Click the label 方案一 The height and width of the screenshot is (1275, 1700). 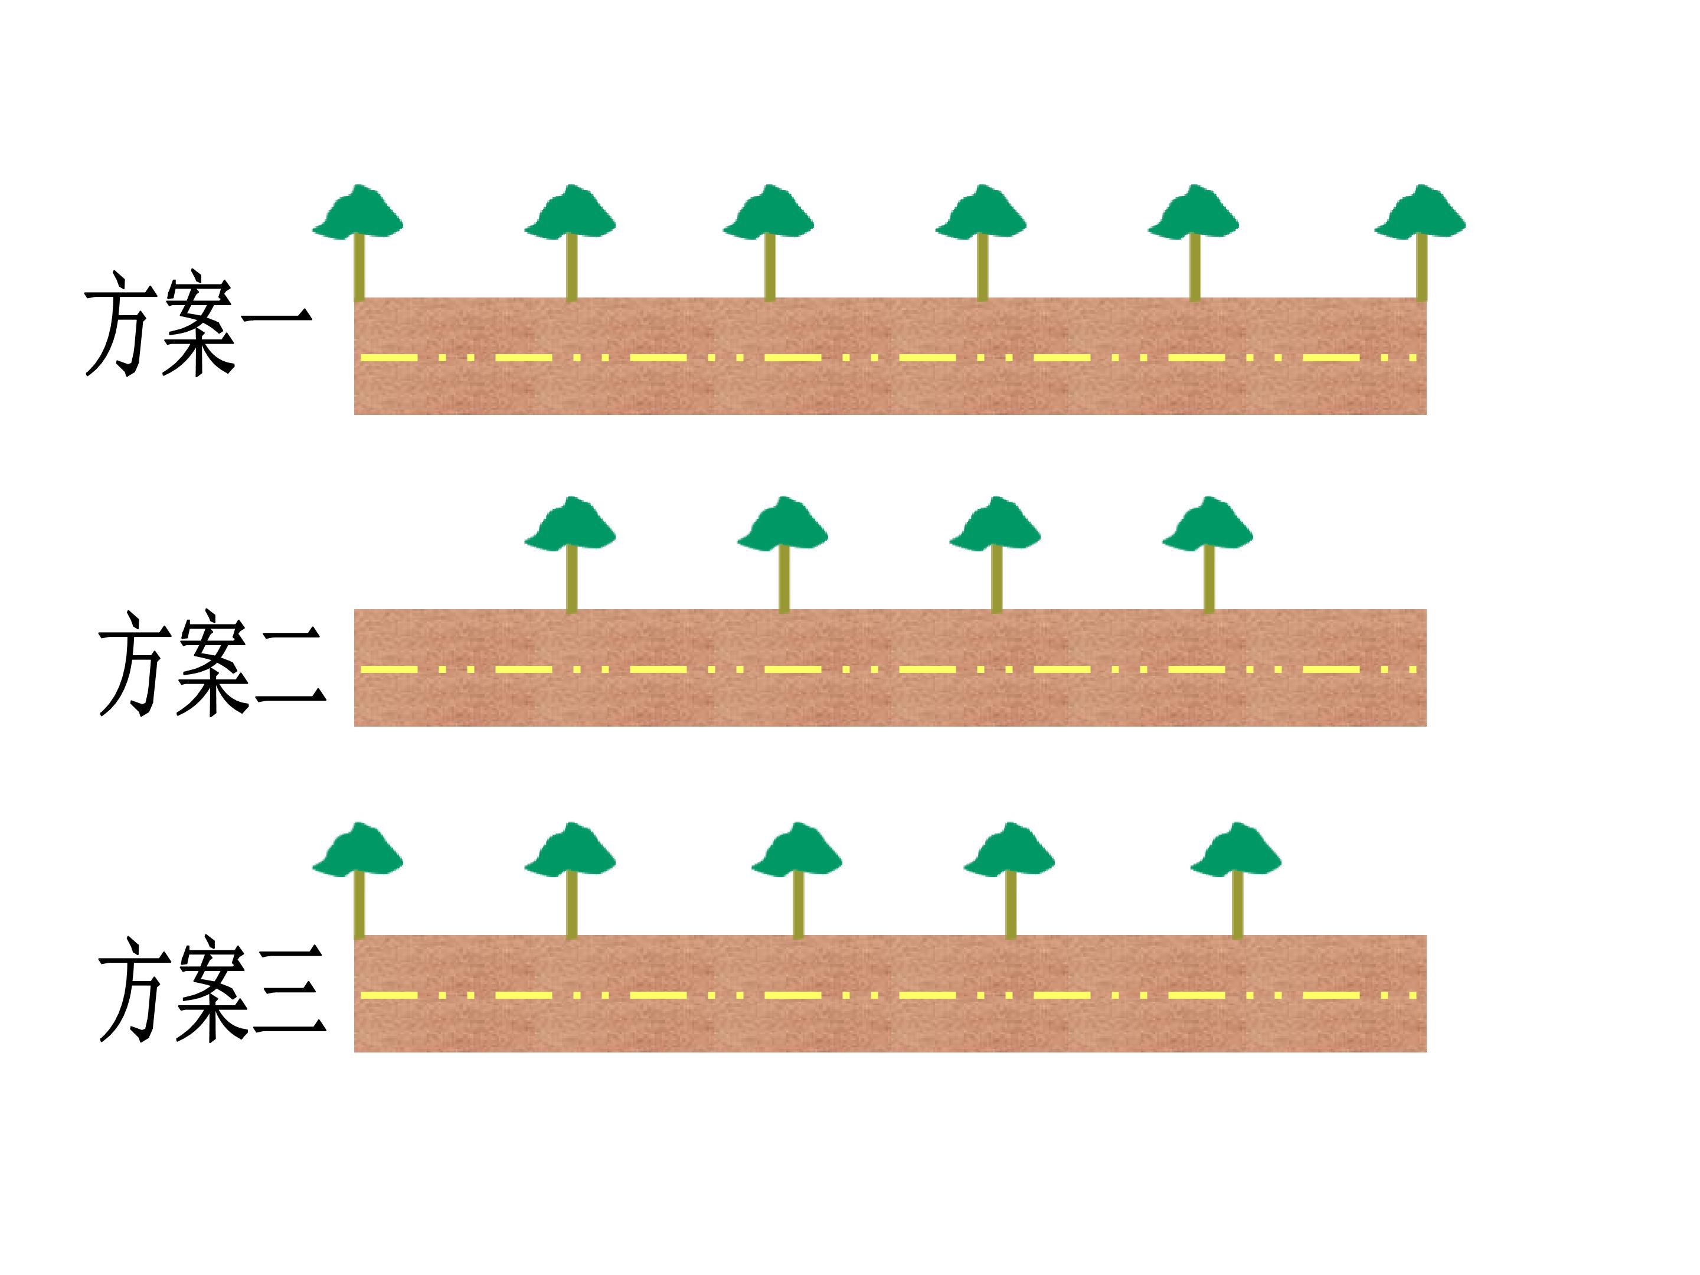click(x=198, y=323)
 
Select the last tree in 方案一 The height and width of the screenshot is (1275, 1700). click(x=1420, y=243)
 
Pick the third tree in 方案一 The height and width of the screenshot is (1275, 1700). click(x=769, y=243)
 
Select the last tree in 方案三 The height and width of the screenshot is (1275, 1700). click(x=1237, y=881)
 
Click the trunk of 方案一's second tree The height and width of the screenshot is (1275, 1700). click(x=571, y=267)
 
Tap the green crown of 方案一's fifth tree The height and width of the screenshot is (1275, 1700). click(x=1194, y=211)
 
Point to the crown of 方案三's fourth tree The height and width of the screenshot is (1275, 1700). click(x=1010, y=849)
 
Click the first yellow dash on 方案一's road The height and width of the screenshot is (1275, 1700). click(x=389, y=357)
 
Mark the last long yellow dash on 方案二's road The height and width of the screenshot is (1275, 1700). click(x=1332, y=669)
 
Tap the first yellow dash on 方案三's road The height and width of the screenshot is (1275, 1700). click(x=389, y=995)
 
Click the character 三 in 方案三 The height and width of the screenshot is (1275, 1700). click(x=290, y=992)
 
